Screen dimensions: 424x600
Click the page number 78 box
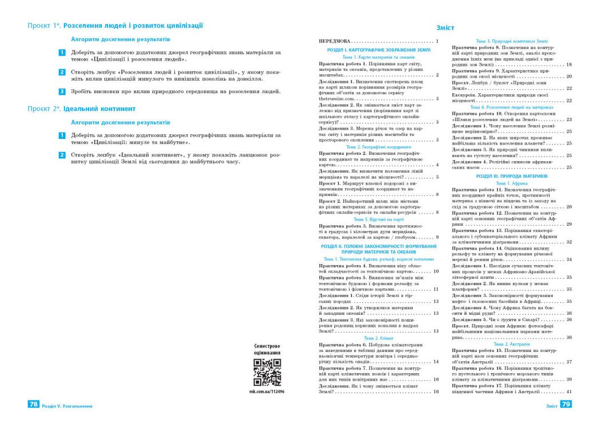[34, 405]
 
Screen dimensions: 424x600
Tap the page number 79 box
[566, 405]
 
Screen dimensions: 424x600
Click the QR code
[267, 373]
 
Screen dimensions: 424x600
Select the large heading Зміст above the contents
[445, 27]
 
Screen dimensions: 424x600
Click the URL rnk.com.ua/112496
[267, 392]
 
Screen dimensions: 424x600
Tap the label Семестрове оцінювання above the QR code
[267, 350]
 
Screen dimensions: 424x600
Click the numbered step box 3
[62, 91]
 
